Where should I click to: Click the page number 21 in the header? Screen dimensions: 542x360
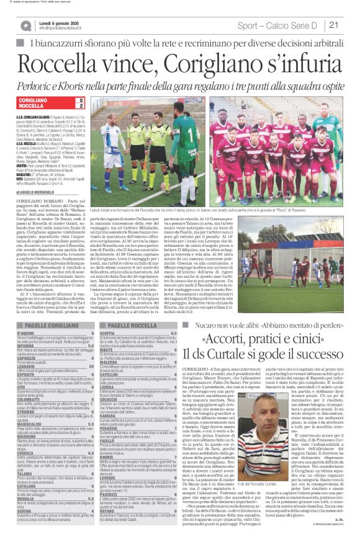click(x=333, y=25)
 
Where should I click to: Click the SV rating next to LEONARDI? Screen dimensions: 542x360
click(x=90, y=365)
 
